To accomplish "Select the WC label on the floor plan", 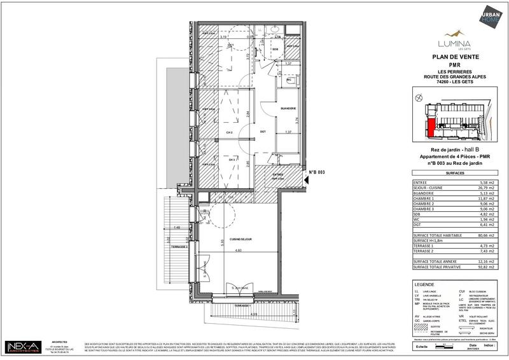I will click(x=288, y=80).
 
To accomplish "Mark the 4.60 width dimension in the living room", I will click(x=237, y=251).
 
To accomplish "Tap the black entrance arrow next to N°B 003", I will click(x=307, y=180).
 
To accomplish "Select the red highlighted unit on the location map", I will click(x=431, y=127).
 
